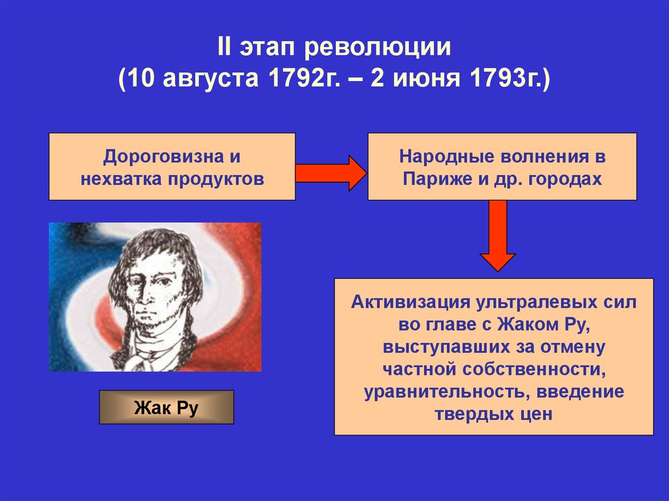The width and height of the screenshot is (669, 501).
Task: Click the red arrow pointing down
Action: [x=498, y=234]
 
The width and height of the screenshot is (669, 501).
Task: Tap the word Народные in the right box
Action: [x=440, y=158]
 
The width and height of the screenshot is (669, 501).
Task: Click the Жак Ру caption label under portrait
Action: [x=166, y=408]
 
